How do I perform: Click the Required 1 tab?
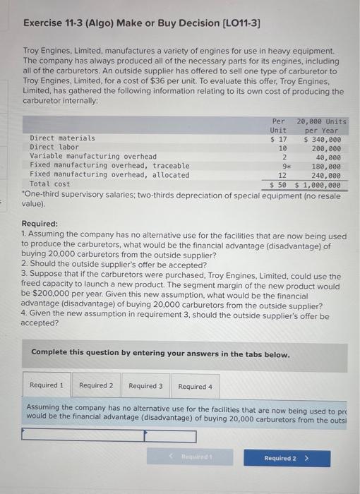click(47, 386)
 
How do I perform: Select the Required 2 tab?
click(96, 386)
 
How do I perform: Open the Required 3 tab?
click(145, 386)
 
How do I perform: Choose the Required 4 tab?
click(195, 386)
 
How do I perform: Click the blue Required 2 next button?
click(284, 458)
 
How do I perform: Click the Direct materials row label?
click(62, 138)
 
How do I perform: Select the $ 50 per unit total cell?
click(277, 185)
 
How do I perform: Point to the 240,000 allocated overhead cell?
click(326, 175)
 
